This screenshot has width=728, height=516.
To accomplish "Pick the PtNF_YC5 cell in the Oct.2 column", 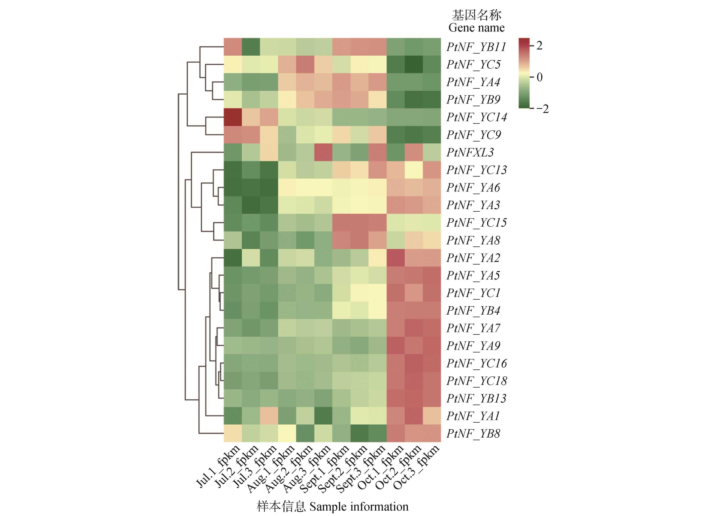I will (414, 65).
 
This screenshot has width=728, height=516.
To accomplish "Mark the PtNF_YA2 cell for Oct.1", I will (396, 258).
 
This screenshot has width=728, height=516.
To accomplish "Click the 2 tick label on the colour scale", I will (539, 46).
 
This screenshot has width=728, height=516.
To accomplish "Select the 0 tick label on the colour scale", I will (539, 77).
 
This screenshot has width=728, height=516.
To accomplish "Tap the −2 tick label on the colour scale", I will (542, 109).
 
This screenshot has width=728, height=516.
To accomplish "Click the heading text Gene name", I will (476, 28).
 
